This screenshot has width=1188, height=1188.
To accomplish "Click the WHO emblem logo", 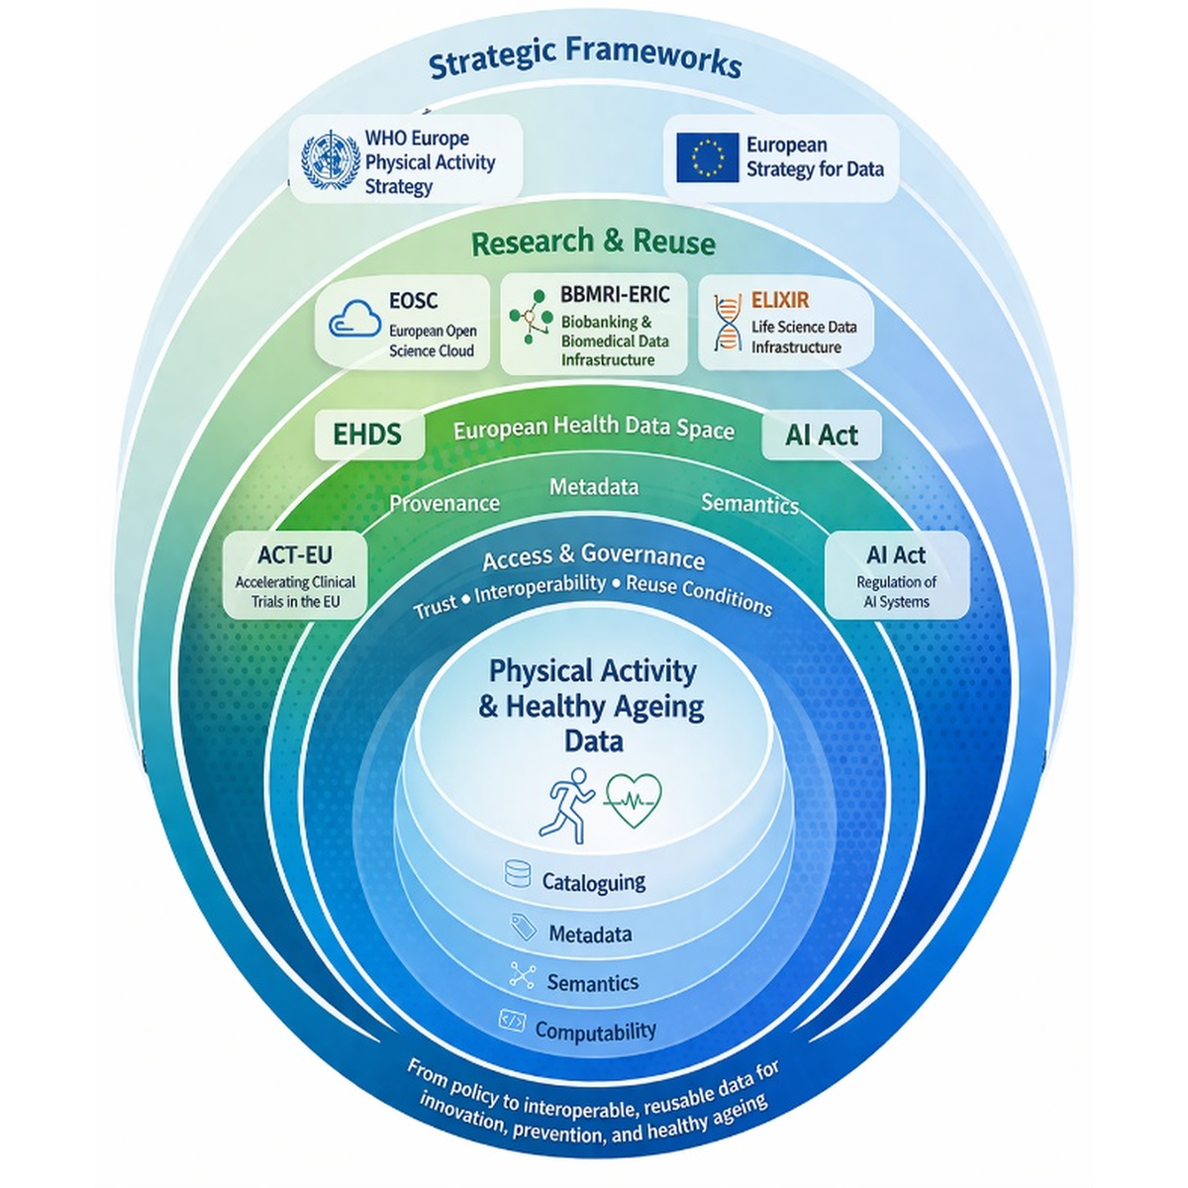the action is click(331, 160).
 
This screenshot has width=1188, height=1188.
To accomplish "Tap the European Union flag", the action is click(707, 157).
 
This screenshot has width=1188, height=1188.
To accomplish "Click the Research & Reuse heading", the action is click(593, 242).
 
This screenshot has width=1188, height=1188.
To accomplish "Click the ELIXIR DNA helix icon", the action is click(728, 322).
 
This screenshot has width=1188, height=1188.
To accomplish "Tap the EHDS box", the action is click(368, 435).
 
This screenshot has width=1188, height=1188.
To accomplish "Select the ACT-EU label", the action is click(295, 554).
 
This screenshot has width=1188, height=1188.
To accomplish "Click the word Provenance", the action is click(445, 503).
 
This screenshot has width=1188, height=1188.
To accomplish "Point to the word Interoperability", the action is click(541, 587).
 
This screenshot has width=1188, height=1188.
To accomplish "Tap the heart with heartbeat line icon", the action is click(633, 801).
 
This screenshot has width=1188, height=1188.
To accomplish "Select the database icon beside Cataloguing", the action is click(517, 873).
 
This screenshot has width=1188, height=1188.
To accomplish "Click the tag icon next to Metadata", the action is click(524, 927).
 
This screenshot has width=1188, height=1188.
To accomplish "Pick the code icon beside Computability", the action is click(512, 1021).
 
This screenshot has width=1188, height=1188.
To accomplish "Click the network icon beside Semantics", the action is click(522, 975).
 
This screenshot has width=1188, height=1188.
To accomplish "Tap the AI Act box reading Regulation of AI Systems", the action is click(896, 574).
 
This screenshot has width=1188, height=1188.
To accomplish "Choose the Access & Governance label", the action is click(593, 556).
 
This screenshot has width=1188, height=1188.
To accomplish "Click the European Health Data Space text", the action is click(594, 428).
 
